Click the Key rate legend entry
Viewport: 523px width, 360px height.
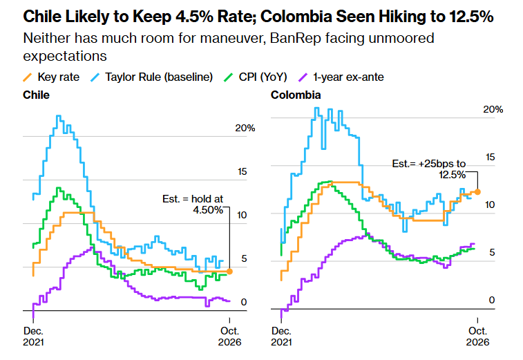click(51, 77)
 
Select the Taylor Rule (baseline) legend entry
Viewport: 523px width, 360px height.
click(152, 77)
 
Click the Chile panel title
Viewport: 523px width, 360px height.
click(36, 95)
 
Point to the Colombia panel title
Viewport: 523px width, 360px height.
click(296, 95)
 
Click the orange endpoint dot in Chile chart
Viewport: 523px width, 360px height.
click(229, 272)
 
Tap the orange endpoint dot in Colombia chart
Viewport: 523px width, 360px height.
click(477, 192)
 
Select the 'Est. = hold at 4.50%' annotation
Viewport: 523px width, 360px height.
click(193, 205)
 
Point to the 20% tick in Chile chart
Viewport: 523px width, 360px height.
click(245, 128)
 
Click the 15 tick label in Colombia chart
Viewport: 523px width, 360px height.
click(490, 157)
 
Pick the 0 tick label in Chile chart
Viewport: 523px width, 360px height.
click(244, 302)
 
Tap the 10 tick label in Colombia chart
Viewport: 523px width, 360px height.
click(490, 205)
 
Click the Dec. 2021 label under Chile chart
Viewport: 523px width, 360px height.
click(33, 337)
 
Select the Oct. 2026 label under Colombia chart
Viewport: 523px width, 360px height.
click(477, 337)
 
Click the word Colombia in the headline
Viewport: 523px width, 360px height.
click(296, 17)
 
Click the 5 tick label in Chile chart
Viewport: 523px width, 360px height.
click(244, 258)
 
